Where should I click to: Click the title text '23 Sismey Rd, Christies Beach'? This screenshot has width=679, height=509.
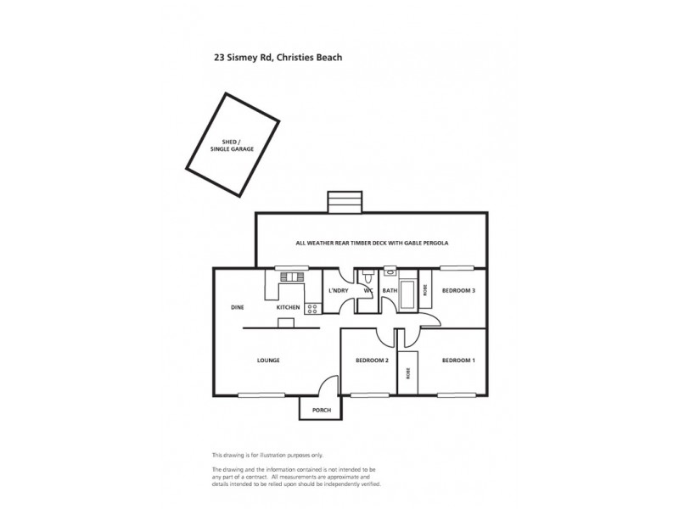click(x=277, y=59)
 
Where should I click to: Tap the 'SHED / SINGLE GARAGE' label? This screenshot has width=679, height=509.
click(x=232, y=145)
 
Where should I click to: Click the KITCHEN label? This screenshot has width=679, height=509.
click(x=288, y=307)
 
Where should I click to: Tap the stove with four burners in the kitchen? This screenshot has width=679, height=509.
click(x=311, y=307)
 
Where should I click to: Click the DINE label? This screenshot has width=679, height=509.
click(x=238, y=307)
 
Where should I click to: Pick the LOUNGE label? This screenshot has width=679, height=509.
click(x=268, y=361)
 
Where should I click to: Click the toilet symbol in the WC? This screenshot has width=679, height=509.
click(x=367, y=277)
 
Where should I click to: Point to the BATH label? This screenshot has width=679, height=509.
click(x=390, y=291)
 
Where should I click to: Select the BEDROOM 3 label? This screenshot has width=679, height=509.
click(x=458, y=291)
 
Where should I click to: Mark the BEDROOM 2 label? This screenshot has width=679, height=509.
click(x=372, y=361)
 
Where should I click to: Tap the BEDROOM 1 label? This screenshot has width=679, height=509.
click(x=458, y=361)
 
